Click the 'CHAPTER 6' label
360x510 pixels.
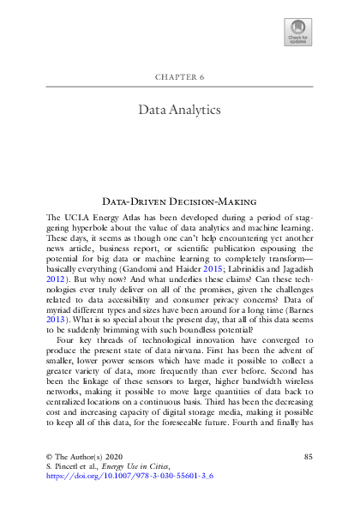pos(180,76)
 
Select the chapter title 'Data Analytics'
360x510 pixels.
pos(180,110)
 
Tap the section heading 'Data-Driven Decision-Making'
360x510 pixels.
pos(180,198)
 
